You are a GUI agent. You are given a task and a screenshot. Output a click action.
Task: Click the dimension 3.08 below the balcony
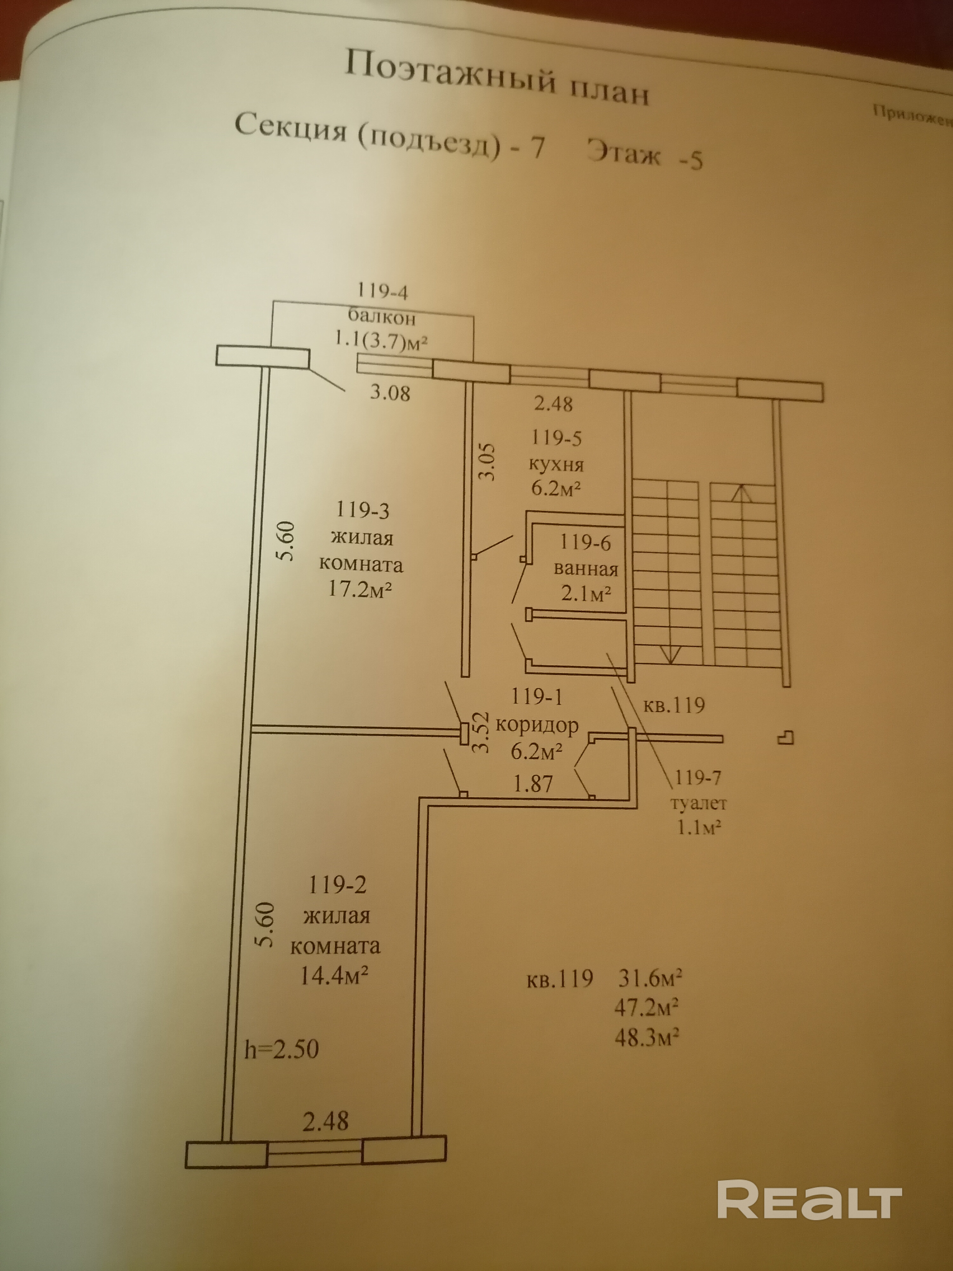pos(390,393)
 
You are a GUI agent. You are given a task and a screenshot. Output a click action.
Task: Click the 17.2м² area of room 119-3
pos(360,589)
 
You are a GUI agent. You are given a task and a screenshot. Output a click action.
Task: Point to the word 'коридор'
pos(537,725)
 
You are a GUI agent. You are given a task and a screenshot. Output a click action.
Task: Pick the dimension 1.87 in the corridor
pos(533,784)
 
